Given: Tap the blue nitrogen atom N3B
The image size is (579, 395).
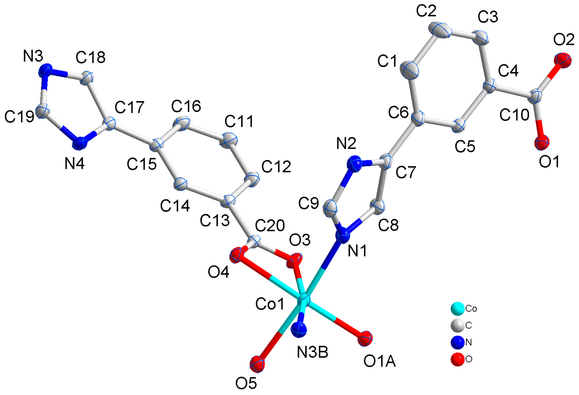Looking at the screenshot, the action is (x=299, y=329).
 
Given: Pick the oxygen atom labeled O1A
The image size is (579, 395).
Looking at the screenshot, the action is (x=365, y=338).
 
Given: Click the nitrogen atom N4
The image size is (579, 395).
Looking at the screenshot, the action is (x=80, y=143).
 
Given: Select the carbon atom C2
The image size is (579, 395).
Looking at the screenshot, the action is (x=439, y=30).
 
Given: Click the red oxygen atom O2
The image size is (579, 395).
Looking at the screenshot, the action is (x=563, y=60).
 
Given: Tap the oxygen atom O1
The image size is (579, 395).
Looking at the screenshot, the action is (x=542, y=142).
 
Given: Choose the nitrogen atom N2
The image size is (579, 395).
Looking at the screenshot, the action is (x=354, y=163).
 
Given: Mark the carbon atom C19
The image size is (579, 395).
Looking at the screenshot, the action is (x=43, y=111).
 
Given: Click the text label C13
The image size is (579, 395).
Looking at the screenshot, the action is (x=215, y=220).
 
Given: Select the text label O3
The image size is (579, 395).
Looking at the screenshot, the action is (x=300, y=240).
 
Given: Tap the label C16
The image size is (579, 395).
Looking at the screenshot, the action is (x=186, y=106).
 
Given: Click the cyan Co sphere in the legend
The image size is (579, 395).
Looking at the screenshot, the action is (x=457, y=309).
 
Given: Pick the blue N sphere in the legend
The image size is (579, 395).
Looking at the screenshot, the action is (x=457, y=342).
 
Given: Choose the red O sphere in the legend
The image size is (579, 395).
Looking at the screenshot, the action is (x=457, y=359).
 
